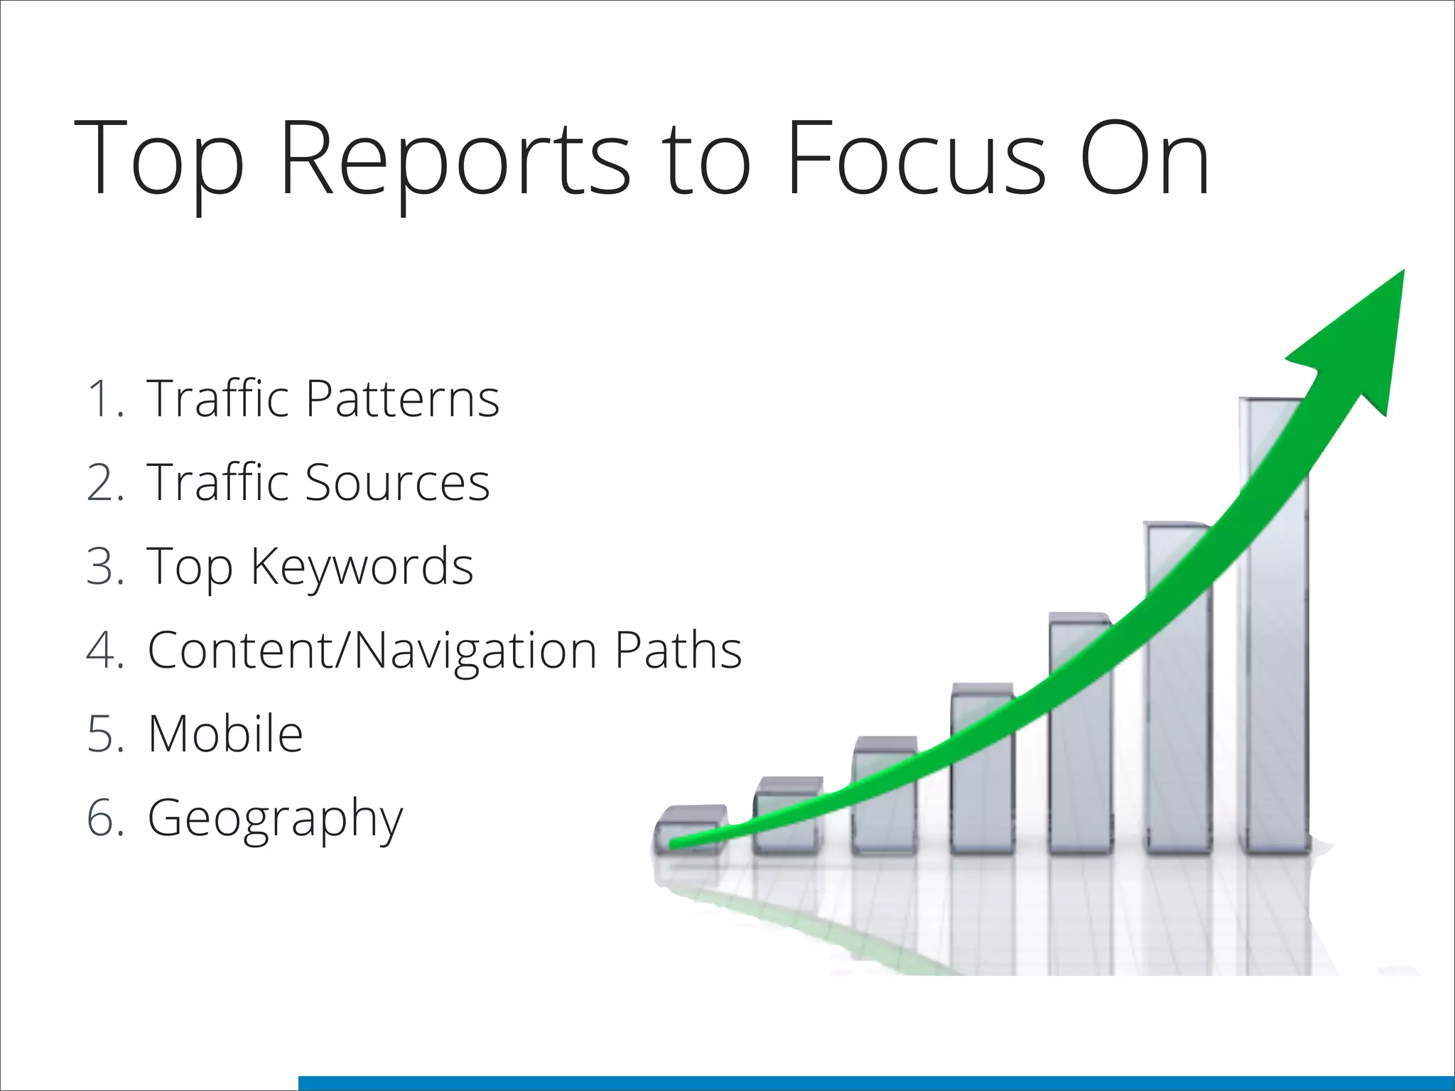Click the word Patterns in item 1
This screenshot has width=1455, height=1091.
point(403,398)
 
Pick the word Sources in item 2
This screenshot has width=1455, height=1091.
point(397,482)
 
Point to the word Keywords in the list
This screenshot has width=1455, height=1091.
point(362,567)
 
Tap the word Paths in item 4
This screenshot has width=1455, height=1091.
point(678,650)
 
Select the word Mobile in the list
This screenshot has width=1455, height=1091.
point(225,734)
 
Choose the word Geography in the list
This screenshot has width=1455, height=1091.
point(275,819)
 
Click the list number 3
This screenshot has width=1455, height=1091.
point(104,567)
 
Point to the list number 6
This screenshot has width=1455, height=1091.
point(104,818)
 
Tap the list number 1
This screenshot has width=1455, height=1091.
point(104,398)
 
